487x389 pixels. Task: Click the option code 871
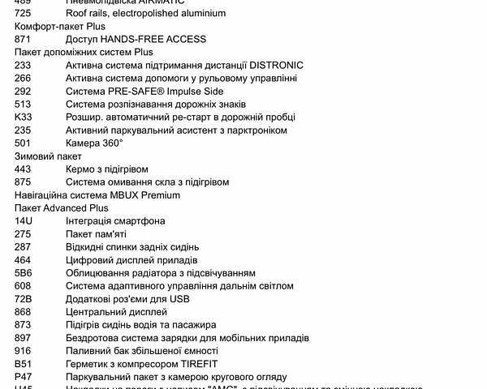click(x=23, y=39)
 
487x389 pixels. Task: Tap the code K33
click(x=23, y=117)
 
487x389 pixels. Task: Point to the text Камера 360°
click(x=94, y=143)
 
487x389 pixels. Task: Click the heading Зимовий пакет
click(x=48, y=156)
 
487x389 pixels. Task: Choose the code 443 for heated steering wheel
click(x=23, y=169)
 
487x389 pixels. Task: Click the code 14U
click(x=24, y=220)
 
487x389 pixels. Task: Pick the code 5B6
click(x=24, y=272)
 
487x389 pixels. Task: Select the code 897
click(x=23, y=337)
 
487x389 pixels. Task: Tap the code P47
click(x=24, y=377)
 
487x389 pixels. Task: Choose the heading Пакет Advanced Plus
click(x=62, y=207)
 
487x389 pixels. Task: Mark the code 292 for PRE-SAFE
click(x=23, y=91)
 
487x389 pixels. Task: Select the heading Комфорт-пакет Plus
click(x=59, y=26)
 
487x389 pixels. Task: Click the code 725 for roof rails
click(x=23, y=13)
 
